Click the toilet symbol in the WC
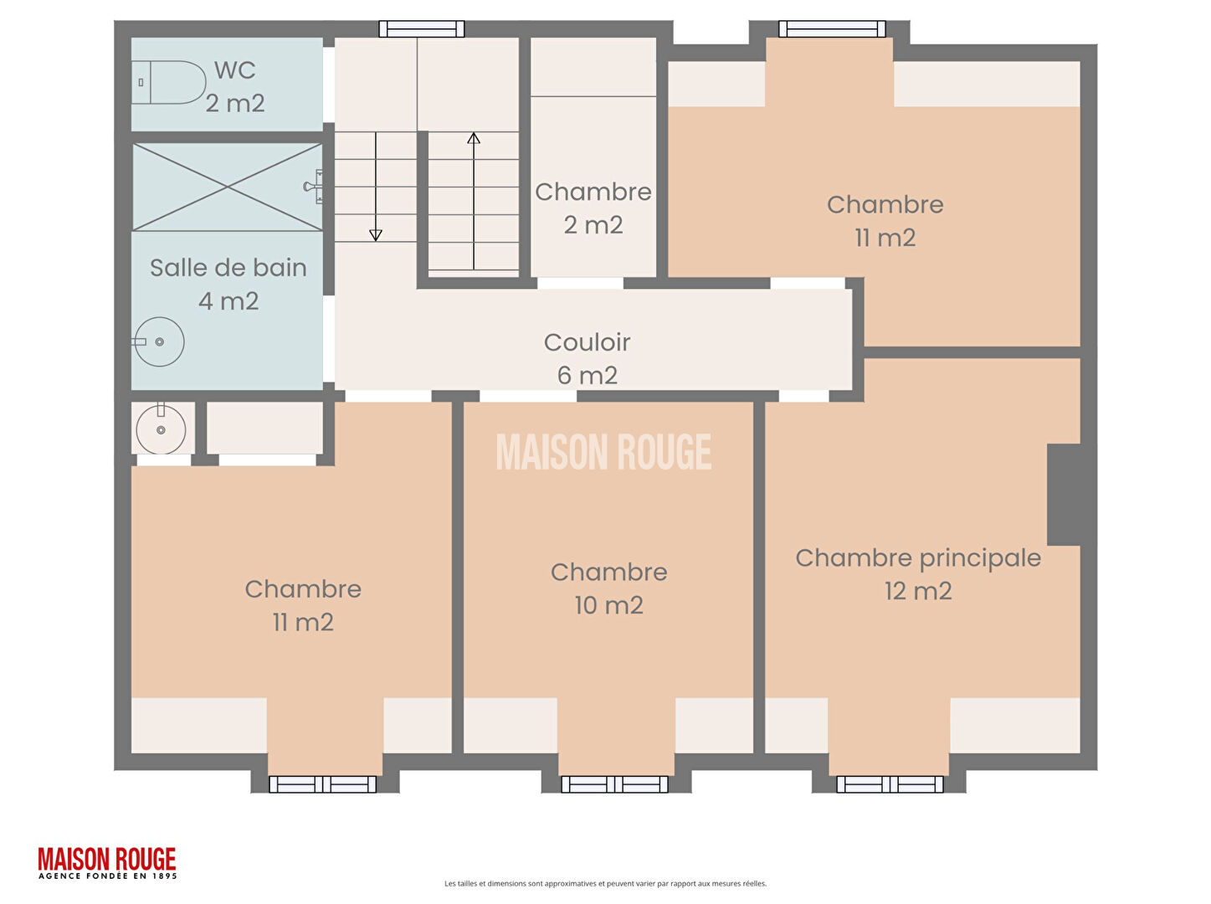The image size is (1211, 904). point(167,82)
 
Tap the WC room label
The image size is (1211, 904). point(235,70)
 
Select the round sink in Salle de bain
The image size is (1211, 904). point(159,342)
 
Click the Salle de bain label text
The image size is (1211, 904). point(228,268)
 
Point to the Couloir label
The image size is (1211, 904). point(587,342)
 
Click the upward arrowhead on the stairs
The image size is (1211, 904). point(474,138)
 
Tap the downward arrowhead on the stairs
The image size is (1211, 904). point(376,235)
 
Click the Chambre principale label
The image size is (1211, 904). point(918,558)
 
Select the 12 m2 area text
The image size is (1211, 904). point(918,591)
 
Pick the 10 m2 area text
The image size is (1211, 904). point(608,606)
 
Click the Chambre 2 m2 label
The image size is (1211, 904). point(593,208)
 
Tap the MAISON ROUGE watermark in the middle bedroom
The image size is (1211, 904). point(603,452)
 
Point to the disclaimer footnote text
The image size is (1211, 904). point(605,884)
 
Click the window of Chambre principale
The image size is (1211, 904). point(890,784)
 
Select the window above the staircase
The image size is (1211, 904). point(422,28)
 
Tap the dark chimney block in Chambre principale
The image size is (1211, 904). point(1064,495)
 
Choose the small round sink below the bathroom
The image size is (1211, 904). point(161,429)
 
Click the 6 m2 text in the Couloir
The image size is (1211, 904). point(587,376)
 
